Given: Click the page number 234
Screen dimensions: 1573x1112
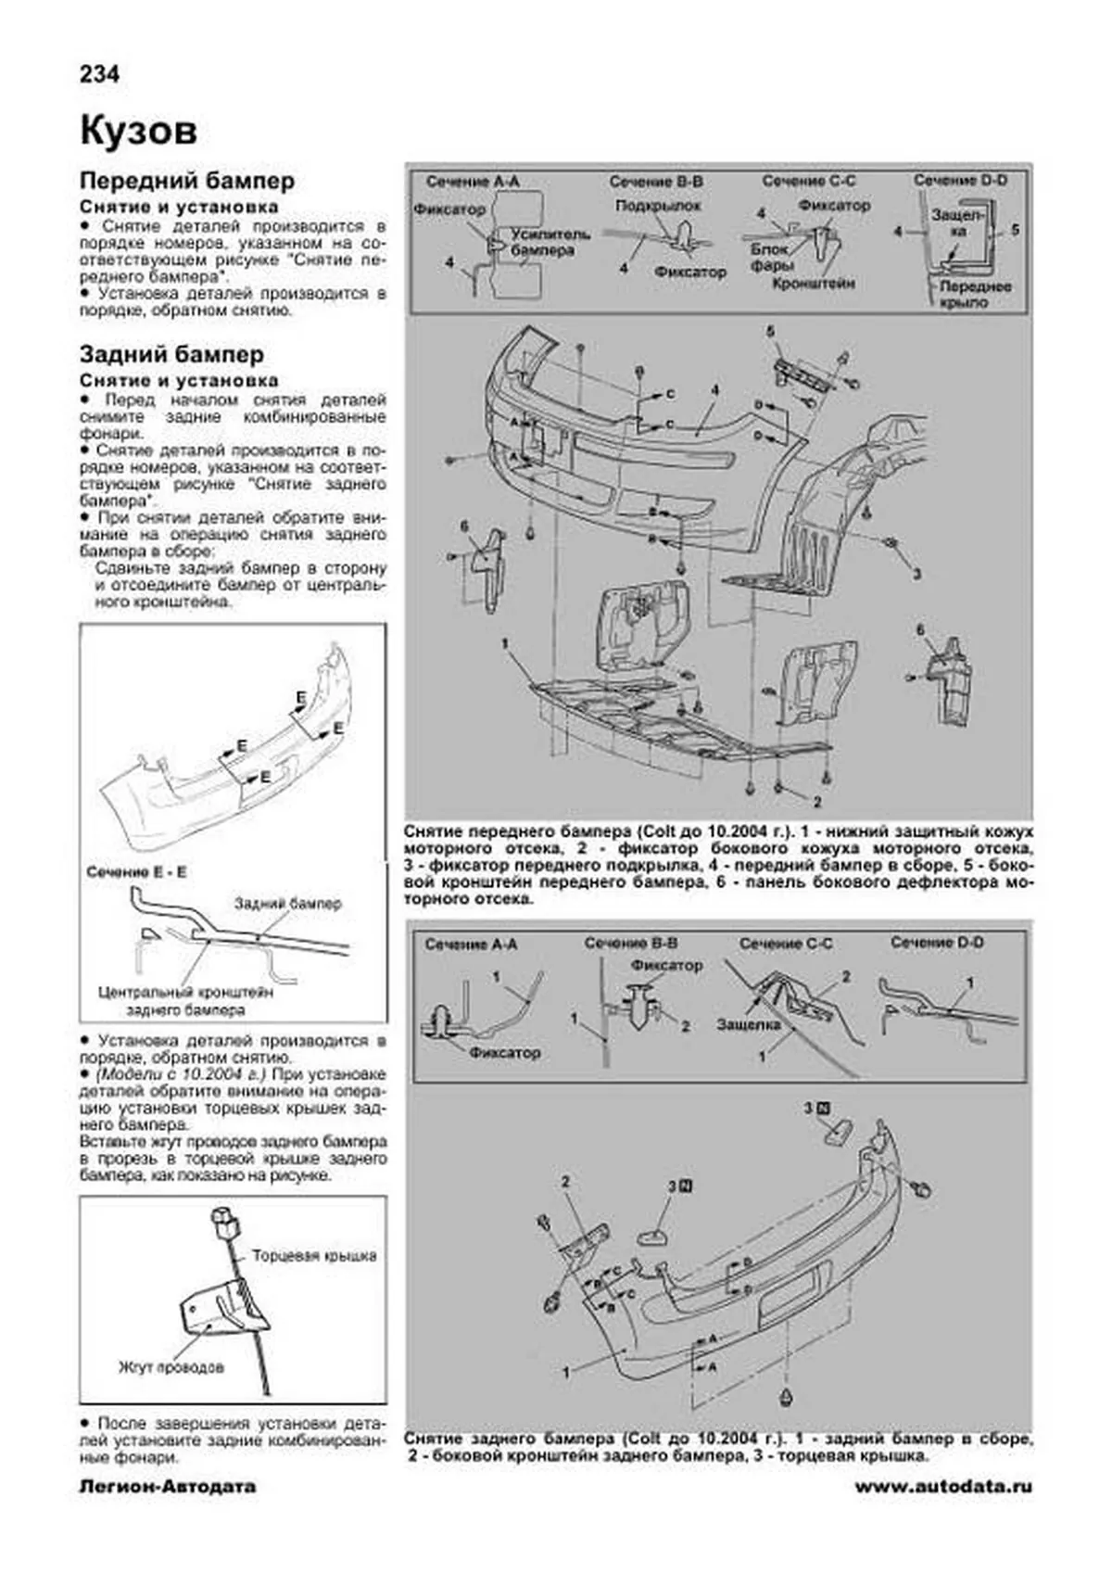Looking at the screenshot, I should tap(99, 74).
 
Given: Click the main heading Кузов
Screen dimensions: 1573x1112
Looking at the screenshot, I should tap(138, 131).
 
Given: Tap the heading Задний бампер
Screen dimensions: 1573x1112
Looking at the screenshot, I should tap(171, 354).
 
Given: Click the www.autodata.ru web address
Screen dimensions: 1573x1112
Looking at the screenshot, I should tap(942, 1487).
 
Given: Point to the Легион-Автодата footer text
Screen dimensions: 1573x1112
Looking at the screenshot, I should tap(168, 1487).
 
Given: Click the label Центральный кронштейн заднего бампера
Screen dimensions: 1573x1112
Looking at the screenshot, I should tap(185, 1000).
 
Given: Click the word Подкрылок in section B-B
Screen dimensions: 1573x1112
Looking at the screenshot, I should tap(658, 205).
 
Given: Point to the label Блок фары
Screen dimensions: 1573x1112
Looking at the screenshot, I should tap(770, 256).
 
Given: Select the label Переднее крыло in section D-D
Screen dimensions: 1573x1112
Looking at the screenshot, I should tap(975, 294).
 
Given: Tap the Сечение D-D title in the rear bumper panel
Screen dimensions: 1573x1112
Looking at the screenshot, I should tap(937, 943).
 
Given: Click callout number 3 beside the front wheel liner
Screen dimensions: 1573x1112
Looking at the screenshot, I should tap(916, 575).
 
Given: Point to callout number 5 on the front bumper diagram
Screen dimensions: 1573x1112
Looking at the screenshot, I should tap(769, 330).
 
